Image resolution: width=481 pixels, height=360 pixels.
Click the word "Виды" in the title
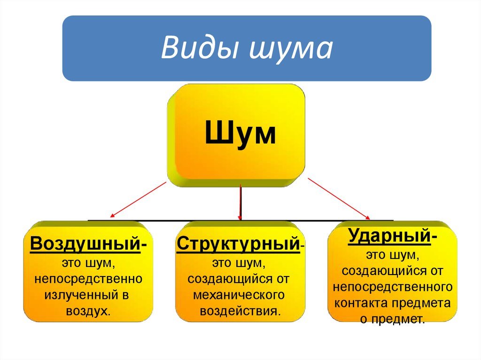[x=199, y=48]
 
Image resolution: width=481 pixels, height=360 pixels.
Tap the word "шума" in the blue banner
[x=291, y=49]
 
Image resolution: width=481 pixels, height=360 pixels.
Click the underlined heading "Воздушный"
[x=85, y=244]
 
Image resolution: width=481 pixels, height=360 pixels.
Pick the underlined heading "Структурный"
[x=238, y=244]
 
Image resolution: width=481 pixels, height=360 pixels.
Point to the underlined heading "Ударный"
[x=389, y=236]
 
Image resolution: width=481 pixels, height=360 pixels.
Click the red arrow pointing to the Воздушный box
[x=138, y=200]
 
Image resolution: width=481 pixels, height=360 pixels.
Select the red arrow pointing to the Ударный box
[x=339, y=199]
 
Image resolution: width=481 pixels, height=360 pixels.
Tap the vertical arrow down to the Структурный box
[x=240, y=202]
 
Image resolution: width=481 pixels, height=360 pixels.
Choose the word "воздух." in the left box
[x=88, y=311]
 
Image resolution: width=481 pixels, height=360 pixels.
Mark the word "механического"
[x=239, y=295]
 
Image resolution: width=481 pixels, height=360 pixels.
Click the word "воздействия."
[x=240, y=311]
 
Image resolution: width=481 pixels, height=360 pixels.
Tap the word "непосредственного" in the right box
[x=393, y=287]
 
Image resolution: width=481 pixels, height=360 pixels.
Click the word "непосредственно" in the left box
[x=88, y=279]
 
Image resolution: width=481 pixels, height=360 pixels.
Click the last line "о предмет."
[x=393, y=319]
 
